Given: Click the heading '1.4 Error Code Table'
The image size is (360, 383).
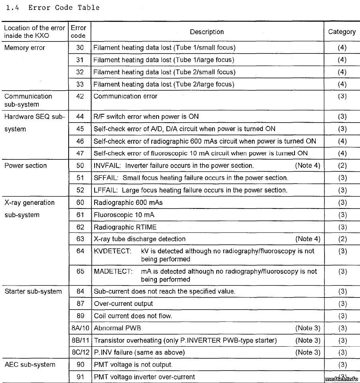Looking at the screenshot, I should [x=53, y=8].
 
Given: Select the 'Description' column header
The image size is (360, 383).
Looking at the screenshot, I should [x=207, y=32].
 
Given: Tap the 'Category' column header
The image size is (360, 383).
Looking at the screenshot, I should [x=342, y=32].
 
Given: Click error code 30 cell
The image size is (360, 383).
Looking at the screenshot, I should [x=80, y=48].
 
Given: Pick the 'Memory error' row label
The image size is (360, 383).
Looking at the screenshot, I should [x=25, y=48].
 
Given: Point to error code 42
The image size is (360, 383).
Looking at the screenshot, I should [x=80, y=96].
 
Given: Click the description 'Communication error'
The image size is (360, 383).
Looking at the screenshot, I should [x=125, y=96].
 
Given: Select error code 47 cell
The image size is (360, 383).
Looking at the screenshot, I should [x=80, y=153].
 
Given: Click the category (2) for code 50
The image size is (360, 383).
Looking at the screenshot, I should [x=342, y=165].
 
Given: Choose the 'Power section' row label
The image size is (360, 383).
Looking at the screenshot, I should [x=26, y=165].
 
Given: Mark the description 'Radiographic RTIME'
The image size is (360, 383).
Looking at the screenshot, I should [x=125, y=227].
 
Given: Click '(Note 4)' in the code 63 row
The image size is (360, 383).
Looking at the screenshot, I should [x=308, y=239].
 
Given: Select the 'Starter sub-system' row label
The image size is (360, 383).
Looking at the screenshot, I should [x=33, y=291].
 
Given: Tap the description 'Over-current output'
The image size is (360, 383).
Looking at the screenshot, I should [x=123, y=304].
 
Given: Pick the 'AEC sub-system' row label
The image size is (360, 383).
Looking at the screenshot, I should [x=30, y=364].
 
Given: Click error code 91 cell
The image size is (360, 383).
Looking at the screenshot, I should [x=80, y=377].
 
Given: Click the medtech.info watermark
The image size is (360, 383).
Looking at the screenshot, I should [x=342, y=378].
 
